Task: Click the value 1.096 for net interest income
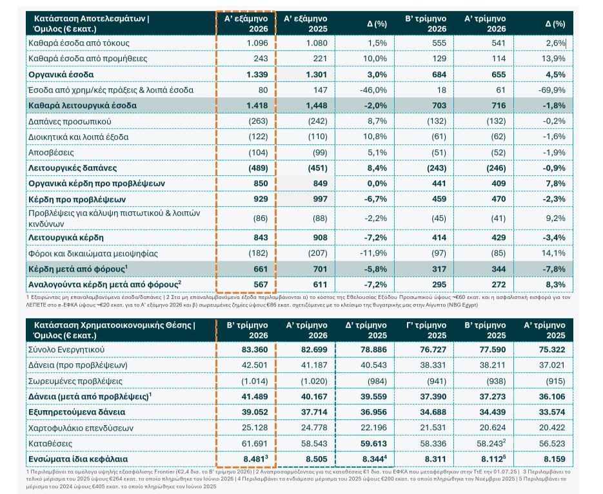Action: [257, 43]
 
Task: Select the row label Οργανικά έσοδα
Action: [61, 75]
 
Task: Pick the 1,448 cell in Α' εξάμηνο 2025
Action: [316, 106]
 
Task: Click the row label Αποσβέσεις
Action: [51, 153]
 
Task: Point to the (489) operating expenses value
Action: [258, 168]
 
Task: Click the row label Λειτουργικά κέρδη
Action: [66, 238]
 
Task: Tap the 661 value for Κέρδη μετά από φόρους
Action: [261, 269]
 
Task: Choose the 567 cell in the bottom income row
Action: [261, 285]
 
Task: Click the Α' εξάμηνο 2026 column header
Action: [246, 23]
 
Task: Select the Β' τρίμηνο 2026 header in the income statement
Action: [426, 23]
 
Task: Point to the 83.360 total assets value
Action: [255, 350]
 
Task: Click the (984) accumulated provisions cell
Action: [377, 381]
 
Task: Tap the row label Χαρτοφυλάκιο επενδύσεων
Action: [81, 428]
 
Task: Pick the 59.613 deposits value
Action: [373, 444]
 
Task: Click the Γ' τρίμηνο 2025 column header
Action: [426, 330]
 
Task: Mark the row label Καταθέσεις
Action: [50, 444]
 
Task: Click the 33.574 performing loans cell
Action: [552, 412]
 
